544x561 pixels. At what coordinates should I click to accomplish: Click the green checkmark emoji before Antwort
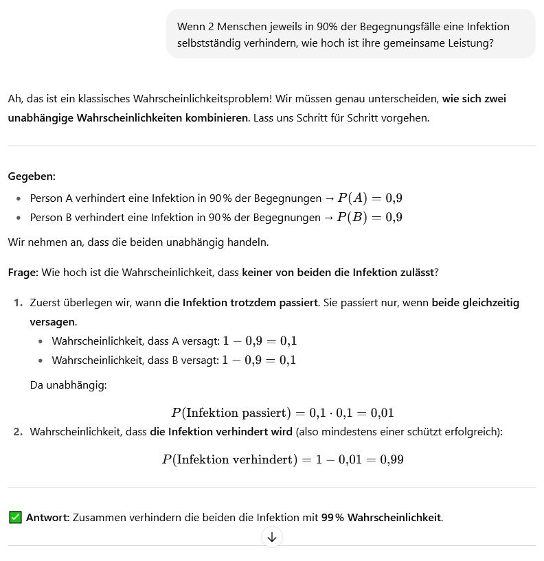point(15,517)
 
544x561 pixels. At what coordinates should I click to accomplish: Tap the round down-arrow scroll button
point(271,537)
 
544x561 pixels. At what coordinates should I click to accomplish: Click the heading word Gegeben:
point(32,176)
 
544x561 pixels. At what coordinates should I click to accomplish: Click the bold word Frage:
point(23,273)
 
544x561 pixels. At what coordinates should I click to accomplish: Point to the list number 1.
point(18,303)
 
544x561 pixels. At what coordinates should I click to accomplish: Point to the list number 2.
point(18,432)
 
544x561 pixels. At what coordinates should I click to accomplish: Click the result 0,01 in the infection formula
point(382,413)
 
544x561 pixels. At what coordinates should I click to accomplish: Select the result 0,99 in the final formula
point(392,459)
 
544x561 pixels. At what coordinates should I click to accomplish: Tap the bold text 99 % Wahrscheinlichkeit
point(382,517)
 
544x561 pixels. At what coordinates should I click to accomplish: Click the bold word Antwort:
point(47,517)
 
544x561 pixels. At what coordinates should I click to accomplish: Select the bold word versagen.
point(52,322)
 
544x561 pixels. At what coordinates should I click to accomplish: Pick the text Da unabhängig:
point(68,385)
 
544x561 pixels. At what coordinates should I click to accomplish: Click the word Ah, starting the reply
point(14,99)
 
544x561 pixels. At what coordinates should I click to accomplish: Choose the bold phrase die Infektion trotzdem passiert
point(240,303)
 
